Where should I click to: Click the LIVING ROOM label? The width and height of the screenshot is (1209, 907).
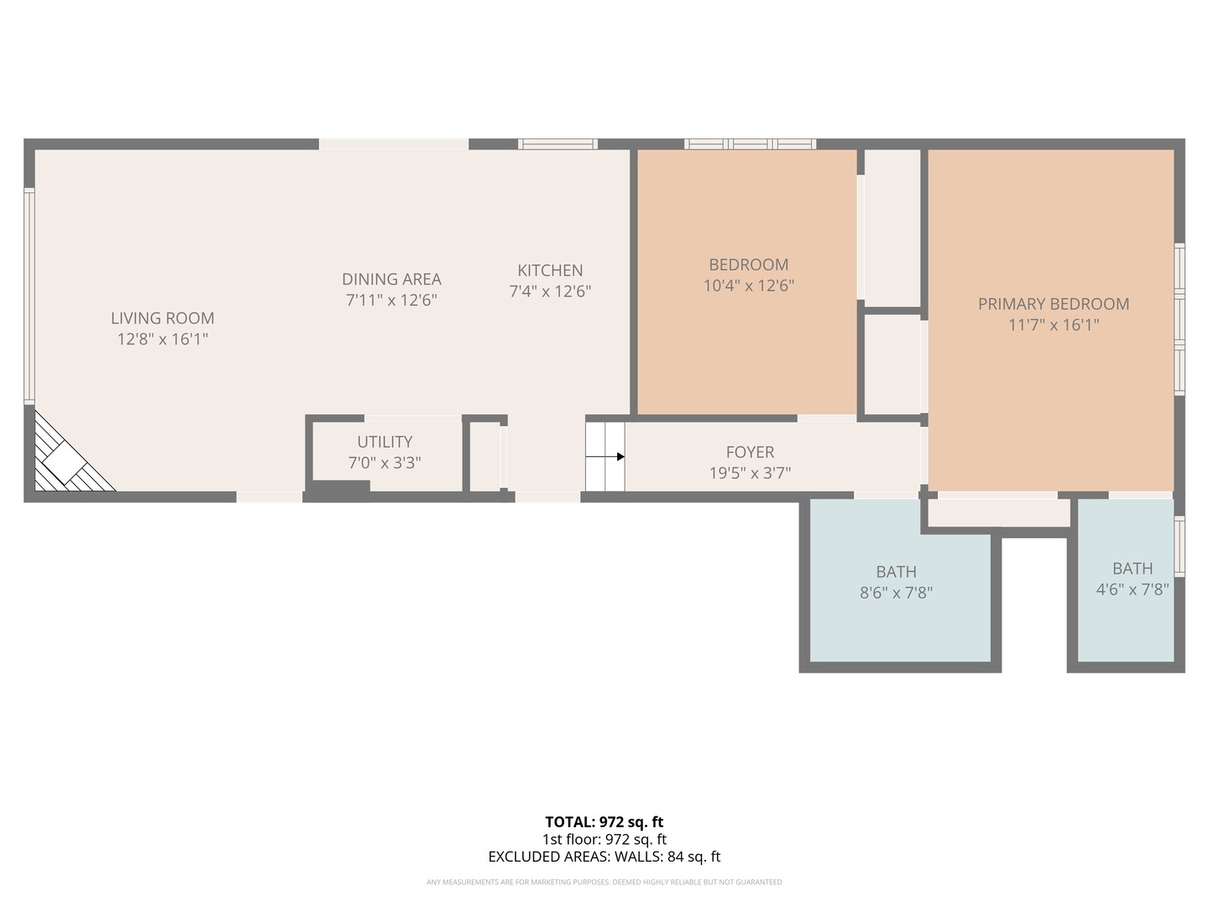coord(162,318)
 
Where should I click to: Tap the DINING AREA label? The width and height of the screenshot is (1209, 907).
coord(391,279)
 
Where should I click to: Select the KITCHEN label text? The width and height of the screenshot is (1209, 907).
coord(550,270)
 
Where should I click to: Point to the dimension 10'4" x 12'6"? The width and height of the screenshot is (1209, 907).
coord(748,286)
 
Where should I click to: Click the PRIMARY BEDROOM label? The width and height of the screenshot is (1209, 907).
coord(1053,304)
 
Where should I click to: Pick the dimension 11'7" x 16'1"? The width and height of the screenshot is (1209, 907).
coord(1053,325)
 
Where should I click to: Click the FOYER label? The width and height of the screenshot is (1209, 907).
coord(750,452)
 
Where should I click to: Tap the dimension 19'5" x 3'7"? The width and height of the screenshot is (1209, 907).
coord(750,473)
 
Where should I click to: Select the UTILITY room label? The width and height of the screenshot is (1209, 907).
coord(385,442)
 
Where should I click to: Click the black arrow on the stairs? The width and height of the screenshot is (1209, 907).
coord(620,457)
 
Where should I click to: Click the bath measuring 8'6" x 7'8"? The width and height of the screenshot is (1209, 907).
coord(896,582)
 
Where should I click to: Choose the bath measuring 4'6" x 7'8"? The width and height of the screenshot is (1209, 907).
coord(1132,579)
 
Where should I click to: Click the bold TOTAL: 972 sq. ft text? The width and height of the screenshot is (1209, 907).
coord(604,822)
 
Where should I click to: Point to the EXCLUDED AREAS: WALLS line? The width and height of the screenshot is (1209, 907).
coord(604,857)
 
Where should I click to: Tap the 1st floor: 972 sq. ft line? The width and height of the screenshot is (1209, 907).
coord(604,839)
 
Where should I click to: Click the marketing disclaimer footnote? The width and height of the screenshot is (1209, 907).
coord(604,882)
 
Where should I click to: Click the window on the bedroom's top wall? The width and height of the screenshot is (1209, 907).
coord(750,144)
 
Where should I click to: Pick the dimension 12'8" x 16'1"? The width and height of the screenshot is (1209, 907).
coord(162,339)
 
